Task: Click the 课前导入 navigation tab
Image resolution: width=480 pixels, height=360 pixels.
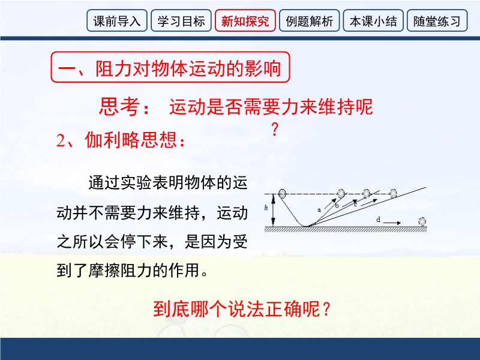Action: coord(117,20)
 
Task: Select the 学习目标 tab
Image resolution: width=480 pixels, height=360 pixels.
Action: coord(181,20)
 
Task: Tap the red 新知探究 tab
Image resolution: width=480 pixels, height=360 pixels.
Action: coord(245,20)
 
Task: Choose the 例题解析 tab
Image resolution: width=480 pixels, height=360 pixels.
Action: coord(309,20)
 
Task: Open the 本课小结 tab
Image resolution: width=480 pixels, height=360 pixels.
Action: coord(373,20)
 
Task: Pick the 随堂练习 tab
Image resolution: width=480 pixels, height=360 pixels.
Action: coord(437,20)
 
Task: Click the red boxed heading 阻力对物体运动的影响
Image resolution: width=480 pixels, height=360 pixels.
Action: coord(170,67)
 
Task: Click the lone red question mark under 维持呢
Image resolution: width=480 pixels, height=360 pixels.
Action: coord(275,129)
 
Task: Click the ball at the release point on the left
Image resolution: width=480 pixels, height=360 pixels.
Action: coord(282,193)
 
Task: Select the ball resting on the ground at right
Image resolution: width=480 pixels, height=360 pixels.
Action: coord(422,221)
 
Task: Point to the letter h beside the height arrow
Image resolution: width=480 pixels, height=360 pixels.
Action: coord(266,208)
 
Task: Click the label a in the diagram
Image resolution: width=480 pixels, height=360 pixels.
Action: coord(319,210)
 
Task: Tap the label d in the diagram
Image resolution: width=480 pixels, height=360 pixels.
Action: coord(379,220)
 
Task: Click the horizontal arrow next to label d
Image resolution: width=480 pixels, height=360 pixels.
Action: coord(392,223)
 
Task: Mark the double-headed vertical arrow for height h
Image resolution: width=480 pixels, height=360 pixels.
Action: coord(274,211)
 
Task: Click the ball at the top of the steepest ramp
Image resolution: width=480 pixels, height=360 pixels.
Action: coord(341,193)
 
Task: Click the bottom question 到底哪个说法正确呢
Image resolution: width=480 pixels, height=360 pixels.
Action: coord(242,309)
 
